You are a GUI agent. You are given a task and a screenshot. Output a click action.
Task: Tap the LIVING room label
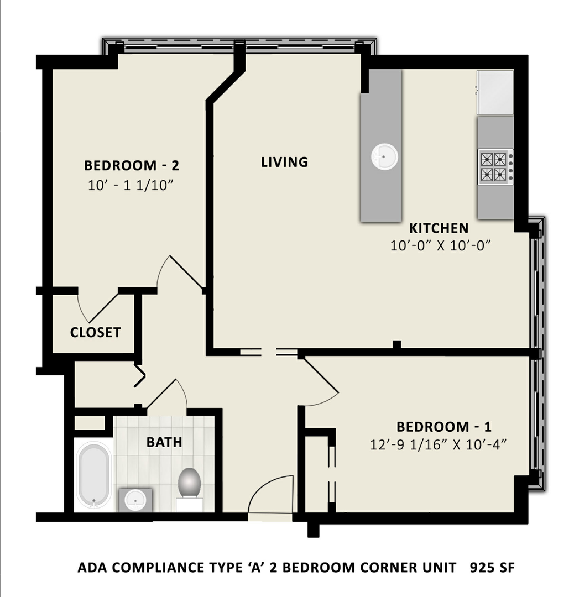pos(284,162)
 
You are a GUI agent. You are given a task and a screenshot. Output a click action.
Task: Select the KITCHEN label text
pos(439,228)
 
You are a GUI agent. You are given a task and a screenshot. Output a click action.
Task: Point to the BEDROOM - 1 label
pos(444,427)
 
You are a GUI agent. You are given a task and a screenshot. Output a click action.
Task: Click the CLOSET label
pos(95,332)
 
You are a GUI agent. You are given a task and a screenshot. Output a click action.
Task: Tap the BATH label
pos(164,442)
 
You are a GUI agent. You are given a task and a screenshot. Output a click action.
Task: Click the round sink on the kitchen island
pos(384,156)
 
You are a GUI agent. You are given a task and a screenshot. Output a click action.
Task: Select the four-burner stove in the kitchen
pos(495,167)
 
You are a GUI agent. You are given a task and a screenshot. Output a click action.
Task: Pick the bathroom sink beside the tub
pos(135,500)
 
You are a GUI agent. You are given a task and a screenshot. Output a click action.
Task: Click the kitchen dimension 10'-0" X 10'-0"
pos(441,245)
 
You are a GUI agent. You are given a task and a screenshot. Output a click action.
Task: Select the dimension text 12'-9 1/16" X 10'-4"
pos(439,444)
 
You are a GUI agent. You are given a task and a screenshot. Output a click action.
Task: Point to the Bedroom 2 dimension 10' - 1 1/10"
pos(131,186)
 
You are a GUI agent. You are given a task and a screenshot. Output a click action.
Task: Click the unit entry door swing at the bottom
pos(270,495)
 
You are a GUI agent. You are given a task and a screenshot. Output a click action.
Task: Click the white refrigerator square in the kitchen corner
pos(495,92)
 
